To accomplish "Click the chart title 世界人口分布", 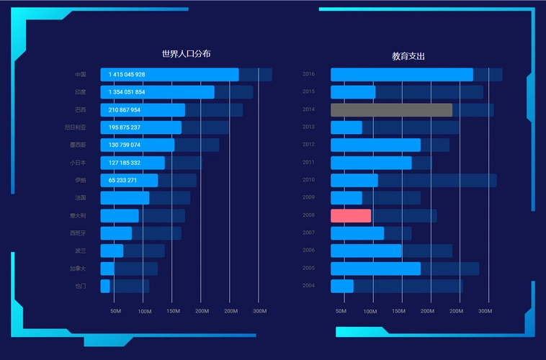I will click(x=186, y=54).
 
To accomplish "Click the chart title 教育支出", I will click(x=408, y=56).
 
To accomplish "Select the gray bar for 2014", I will click(x=391, y=110).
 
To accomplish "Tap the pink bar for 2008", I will click(x=351, y=215).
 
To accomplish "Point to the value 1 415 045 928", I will click(x=127, y=75).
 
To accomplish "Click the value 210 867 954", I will click(x=124, y=110).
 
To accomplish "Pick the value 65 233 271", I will click(x=122, y=180).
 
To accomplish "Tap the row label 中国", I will click(x=81, y=75).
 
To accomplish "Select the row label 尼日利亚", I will click(x=76, y=127).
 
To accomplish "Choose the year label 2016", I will click(x=308, y=74).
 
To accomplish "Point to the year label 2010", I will click(x=308, y=180).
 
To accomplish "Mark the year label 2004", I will click(x=308, y=286).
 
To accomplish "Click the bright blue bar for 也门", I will click(x=105, y=286).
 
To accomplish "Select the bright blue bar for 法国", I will click(x=125, y=198).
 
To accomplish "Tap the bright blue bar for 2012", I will click(x=375, y=145).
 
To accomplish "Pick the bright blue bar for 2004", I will click(x=342, y=286).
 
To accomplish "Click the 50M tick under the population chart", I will click(x=115, y=311).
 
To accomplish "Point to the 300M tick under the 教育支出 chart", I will click(x=485, y=311).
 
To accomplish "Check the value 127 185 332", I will click(x=125, y=163).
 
